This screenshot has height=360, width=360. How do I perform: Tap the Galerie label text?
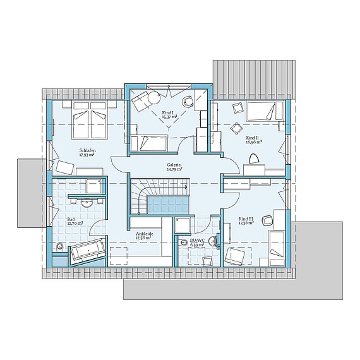[x=174, y=165]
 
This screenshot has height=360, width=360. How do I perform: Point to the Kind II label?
[x=253, y=138]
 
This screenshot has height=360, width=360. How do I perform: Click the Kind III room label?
[x=246, y=219]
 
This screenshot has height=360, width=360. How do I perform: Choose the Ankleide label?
[x=145, y=233]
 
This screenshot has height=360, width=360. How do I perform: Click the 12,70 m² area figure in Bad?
[x=75, y=224]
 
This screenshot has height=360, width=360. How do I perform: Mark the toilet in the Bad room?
[x=60, y=246]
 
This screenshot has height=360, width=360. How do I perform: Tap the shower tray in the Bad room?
[x=94, y=184]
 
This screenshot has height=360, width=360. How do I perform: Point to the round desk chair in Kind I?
[x=188, y=100]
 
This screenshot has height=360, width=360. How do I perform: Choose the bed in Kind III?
[x=275, y=248]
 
